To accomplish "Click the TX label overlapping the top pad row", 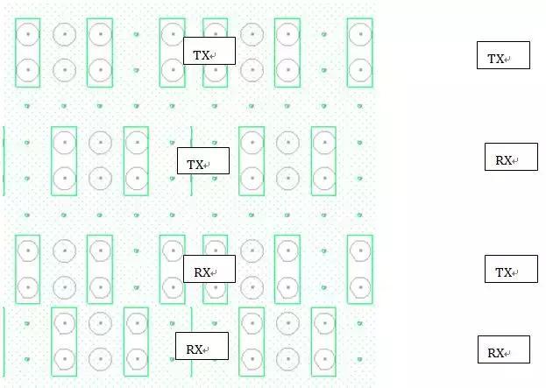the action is (x=209, y=51).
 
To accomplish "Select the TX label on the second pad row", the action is (x=203, y=161).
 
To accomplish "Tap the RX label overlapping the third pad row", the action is (x=209, y=269).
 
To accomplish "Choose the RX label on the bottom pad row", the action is (x=202, y=346).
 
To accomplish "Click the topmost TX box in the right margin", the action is (x=504, y=55).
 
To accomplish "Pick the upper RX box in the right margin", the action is (x=511, y=157).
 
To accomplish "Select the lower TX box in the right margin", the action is (x=511, y=269).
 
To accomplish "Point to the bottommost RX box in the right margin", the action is (x=504, y=349).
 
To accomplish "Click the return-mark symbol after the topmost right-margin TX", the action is (x=507, y=60).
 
